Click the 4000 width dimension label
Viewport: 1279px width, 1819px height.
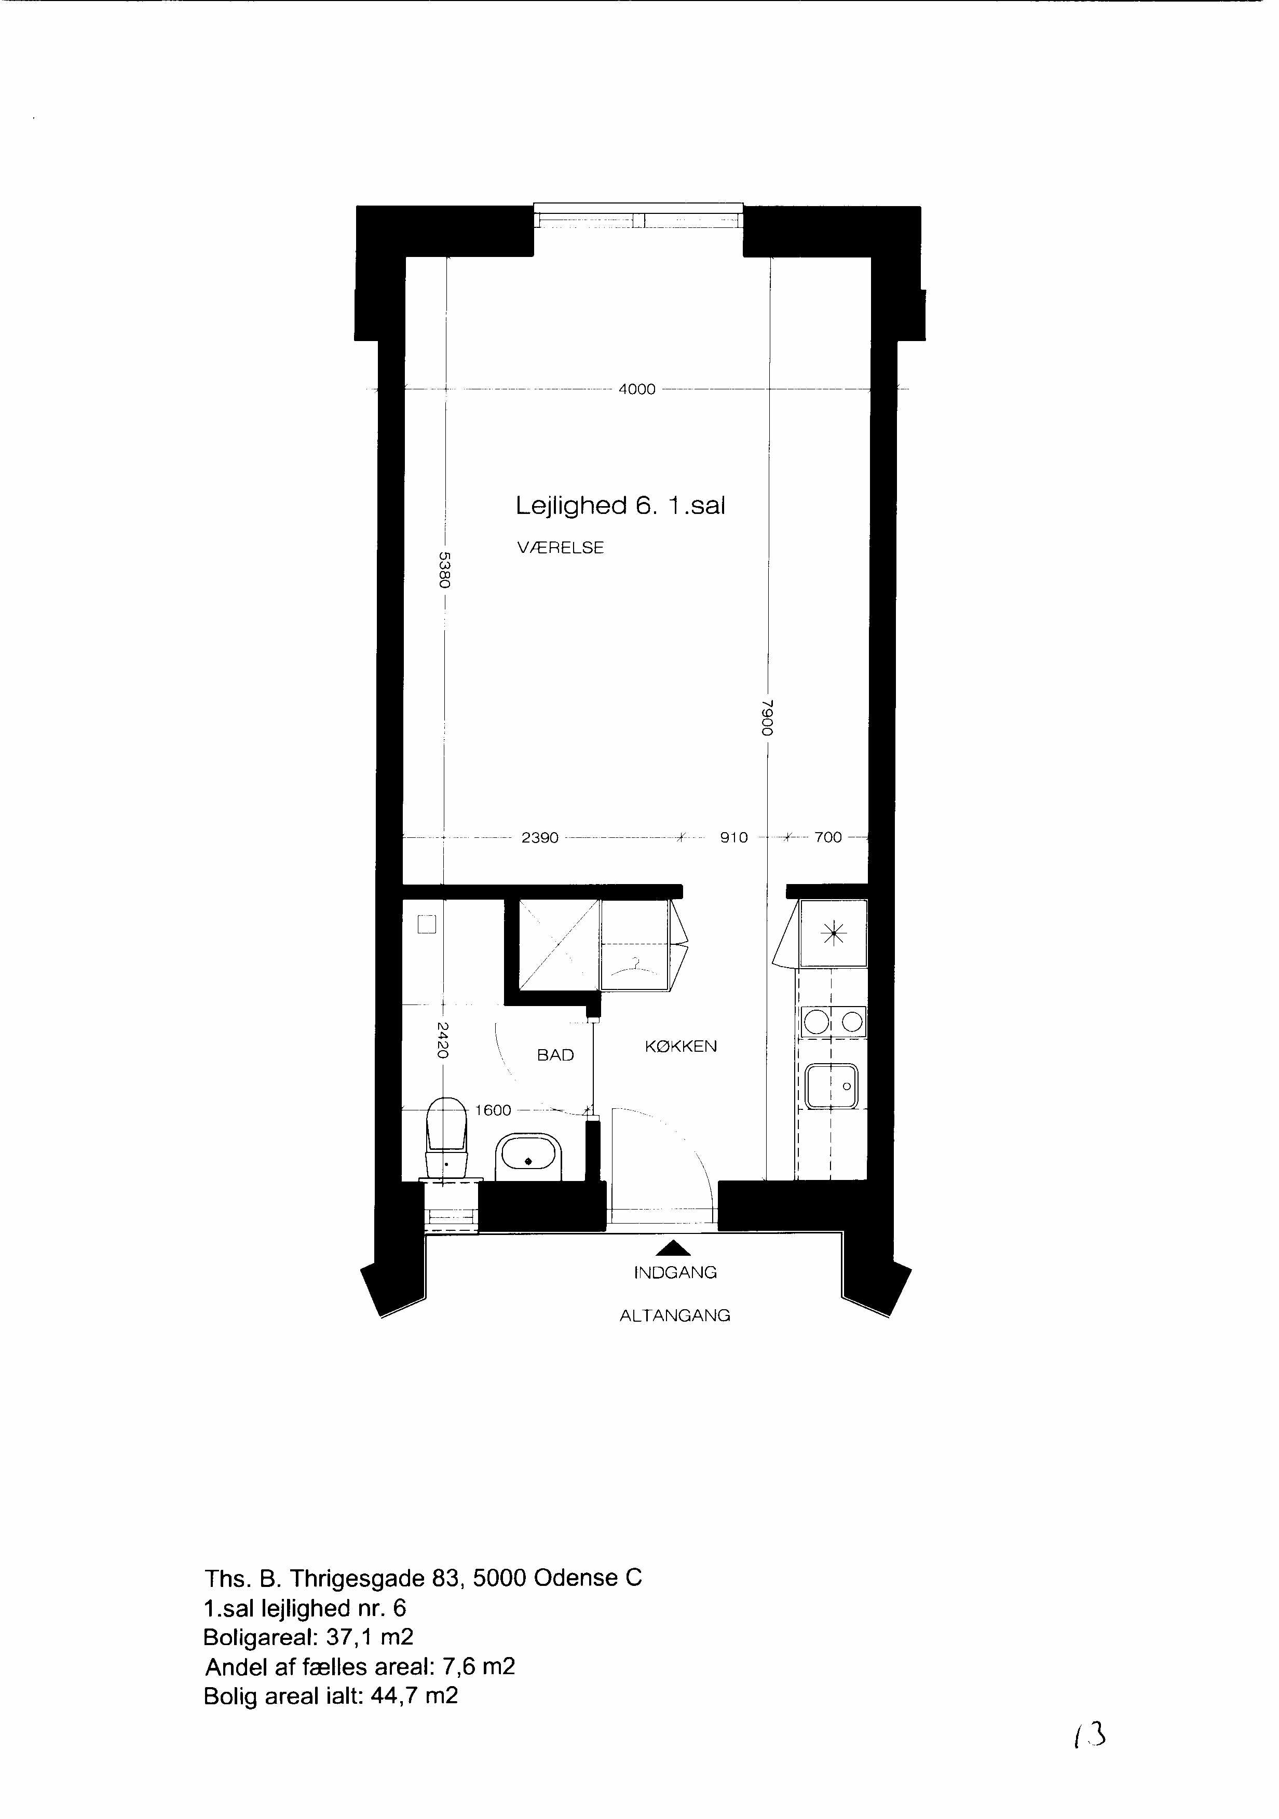tap(637, 389)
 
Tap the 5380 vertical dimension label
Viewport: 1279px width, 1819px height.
tap(444, 569)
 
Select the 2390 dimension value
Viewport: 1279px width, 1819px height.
tap(540, 837)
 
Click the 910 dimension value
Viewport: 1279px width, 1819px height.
tap(734, 837)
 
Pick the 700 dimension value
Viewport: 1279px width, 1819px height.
tap(828, 837)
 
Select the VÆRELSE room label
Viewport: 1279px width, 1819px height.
tap(560, 548)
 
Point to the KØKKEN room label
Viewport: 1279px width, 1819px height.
tap(681, 1047)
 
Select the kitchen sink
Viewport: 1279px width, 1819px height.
tap(832, 1085)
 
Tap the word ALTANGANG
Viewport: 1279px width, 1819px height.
tap(675, 1316)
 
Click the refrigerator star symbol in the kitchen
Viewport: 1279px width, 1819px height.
tap(834, 935)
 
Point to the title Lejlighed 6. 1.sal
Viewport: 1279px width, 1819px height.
tap(620, 506)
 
